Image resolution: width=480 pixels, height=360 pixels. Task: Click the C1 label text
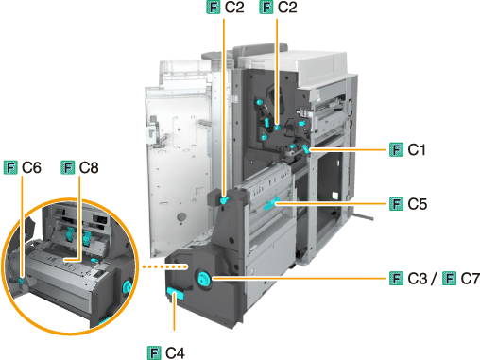(x=417, y=149)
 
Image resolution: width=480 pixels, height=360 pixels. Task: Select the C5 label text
(x=418, y=204)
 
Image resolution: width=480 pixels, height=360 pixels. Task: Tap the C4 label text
(x=175, y=352)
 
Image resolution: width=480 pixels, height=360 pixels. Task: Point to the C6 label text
(x=31, y=167)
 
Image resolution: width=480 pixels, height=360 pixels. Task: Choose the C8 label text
(x=89, y=167)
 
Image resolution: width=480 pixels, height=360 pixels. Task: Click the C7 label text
(x=470, y=279)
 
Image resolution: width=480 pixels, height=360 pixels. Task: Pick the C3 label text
(x=418, y=279)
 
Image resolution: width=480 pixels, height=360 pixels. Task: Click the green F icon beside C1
(x=396, y=149)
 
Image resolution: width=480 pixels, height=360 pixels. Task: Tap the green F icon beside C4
(x=154, y=352)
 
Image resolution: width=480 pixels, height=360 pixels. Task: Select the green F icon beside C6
(x=10, y=167)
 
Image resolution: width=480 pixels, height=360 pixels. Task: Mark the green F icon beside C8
(x=68, y=167)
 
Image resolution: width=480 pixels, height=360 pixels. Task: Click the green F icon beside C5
(x=396, y=204)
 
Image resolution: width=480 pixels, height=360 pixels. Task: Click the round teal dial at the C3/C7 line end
(x=203, y=279)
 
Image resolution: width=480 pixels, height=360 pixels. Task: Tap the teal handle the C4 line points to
(x=175, y=295)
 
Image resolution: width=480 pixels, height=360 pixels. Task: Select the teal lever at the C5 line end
(x=271, y=203)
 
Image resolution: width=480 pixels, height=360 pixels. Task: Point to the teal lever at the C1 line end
(x=305, y=149)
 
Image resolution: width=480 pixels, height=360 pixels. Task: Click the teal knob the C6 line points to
(x=21, y=281)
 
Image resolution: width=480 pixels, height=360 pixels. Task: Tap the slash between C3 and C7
(x=435, y=279)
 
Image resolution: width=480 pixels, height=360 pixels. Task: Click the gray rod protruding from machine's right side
(x=363, y=216)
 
